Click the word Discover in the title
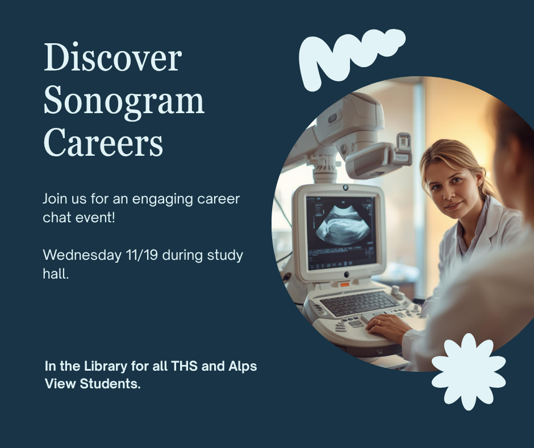click(112, 59)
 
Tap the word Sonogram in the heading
click(123, 101)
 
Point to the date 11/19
click(141, 255)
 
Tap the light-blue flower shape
click(468, 371)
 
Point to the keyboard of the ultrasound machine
click(358, 302)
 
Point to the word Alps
click(243, 366)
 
